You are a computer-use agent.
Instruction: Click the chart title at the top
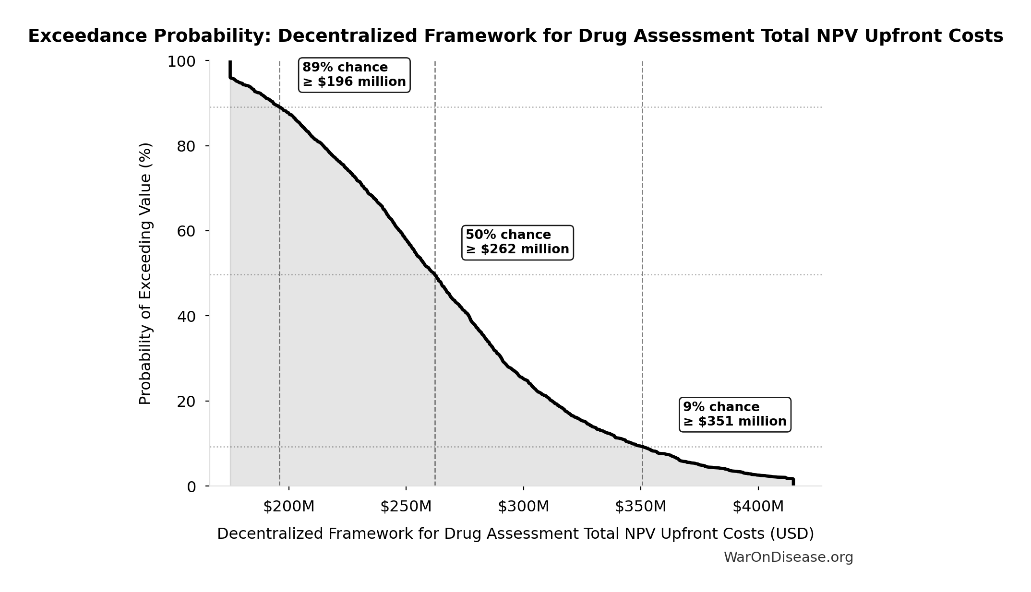tap(515, 36)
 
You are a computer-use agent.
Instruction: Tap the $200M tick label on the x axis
tap(288, 507)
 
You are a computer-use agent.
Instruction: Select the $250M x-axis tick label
tap(406, 507)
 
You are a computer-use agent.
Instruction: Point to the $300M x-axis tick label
tap(523, 507)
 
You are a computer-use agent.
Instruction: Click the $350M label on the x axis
tap(641, 507)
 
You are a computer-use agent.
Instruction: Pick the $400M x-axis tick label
tap(758, 507)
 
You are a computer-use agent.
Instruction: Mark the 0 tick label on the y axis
tap(191, 486)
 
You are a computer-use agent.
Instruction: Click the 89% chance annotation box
tap(354, 75)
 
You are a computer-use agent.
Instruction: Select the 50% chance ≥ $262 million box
tap(517, 242)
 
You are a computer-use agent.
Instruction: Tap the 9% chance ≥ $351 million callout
tap(735, 414)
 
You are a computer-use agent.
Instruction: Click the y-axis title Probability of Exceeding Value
tap(145, 273)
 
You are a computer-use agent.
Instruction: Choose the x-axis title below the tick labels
tap(515, 534)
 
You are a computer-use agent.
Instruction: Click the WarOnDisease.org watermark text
tap(788, 557)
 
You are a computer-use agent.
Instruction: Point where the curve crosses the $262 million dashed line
tap(435, 274)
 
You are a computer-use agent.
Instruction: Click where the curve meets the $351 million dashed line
tap(642, 447)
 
